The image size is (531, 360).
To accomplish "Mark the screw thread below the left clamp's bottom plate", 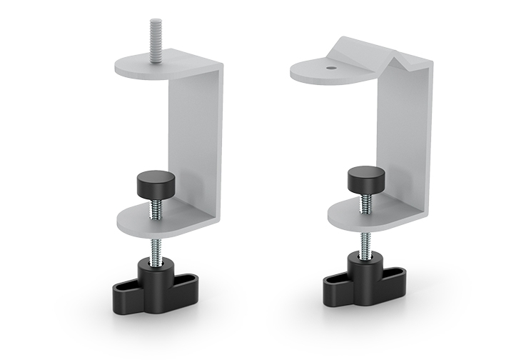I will pyautogui.click(x=155, y=251).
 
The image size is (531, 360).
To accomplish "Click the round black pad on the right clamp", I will pyautogui.click(x=363, y=178).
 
